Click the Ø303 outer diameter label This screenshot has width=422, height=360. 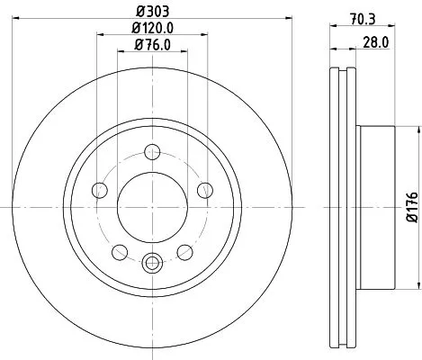(151, 12)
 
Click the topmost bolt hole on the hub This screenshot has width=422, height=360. (152, 150)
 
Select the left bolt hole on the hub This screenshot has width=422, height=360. (99, 189)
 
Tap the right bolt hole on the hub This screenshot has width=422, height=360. (205, 189)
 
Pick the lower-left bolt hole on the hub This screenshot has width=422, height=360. (120, 251)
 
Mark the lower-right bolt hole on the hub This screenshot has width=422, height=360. (185, 251)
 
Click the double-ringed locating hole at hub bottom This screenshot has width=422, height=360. (152, 263)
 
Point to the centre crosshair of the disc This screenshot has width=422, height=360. (152, 206)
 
